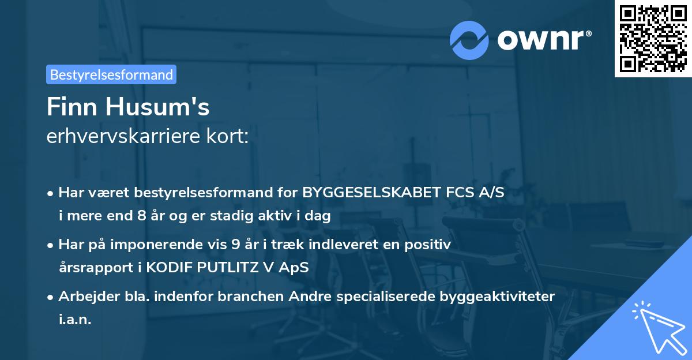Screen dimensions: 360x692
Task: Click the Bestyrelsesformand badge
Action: coord(111,74)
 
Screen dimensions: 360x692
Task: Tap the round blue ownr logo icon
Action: coord(469,40)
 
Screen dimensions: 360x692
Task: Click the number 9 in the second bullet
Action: coord(235,244)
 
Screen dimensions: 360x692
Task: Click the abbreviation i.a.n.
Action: coord(75,320)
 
